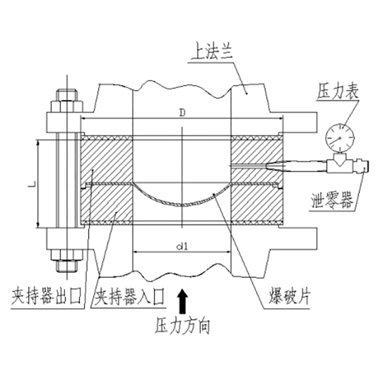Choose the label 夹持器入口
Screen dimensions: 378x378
(x=129, y=295)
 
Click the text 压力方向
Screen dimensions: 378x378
(x=182, y=327)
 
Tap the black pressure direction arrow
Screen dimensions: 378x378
(x=182, y=301)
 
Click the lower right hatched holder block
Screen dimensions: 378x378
(x=255, y=203)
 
